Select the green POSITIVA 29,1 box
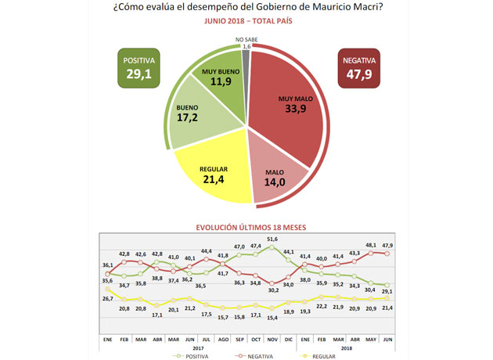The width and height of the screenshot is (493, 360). pos(140,69)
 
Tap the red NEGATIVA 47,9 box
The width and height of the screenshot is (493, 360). pos(359,69)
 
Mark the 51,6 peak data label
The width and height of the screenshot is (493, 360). pos(273,239)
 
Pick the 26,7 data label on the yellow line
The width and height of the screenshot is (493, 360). pos(108,298)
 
